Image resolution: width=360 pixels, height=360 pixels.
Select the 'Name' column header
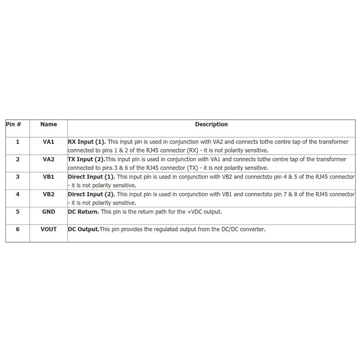pyautogui.click(x=49, y=124)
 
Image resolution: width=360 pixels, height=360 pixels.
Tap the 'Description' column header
pyautogui.click(x=211, y=124)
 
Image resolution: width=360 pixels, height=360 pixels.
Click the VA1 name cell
pyautogui.click(x=49, y=142)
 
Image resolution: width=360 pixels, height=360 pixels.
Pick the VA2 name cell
pyautogui.click(x=49, y=159)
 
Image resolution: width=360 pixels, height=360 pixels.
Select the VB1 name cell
pyautogui.click(x=49, y=177)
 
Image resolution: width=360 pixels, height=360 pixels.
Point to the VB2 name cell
pyautogui.click(x=49, y=194)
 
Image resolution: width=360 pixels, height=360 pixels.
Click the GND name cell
pyautogui.click(x=49, y=211)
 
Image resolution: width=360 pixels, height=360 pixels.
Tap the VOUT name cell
pyautogui.click(x=49, y=229)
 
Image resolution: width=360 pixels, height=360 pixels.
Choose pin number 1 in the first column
pyautogui.click(x=18, y=142)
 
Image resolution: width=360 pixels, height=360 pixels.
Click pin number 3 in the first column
pyautogui.click(x=18, y=177)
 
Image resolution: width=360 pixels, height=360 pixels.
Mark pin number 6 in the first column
pyautogui.click(x=18, y=229)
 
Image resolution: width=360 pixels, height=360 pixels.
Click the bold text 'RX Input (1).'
pyautogui.click(x=87, y=142)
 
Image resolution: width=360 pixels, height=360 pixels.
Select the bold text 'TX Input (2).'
pyautogui.click(x=86, y=159)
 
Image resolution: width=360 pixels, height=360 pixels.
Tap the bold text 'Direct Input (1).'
pyautogui.click(x=91, y=177)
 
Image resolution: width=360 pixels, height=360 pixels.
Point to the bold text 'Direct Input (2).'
pyautogui.click(x=91, y=194)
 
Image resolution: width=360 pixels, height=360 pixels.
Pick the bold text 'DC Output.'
pyautogui.click(x=83, y=229)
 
